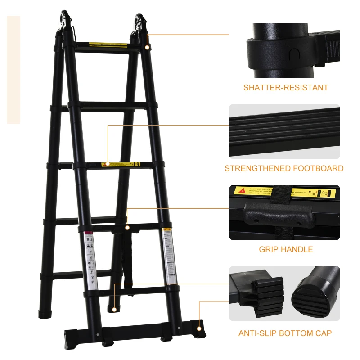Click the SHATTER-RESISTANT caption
(x=286, y=88)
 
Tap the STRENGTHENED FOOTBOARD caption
(x=284, y=169)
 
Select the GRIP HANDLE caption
(x=286, y=249)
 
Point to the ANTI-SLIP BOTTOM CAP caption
(x=285, y=333)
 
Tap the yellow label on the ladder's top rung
(x=108, y=45)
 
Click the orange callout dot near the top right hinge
(x=148, y=47)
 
